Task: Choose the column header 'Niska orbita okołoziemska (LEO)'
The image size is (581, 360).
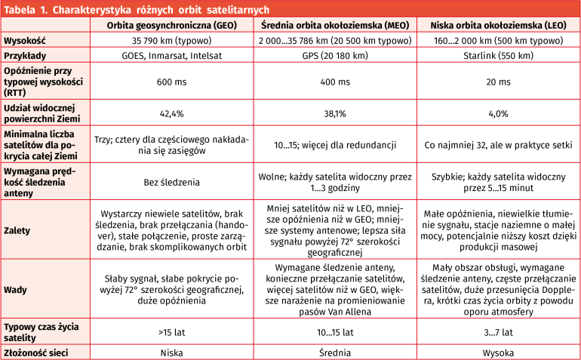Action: coord(498,23)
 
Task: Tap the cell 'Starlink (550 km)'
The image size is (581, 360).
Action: coord(498,56)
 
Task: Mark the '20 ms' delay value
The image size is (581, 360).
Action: coord(498,81)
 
